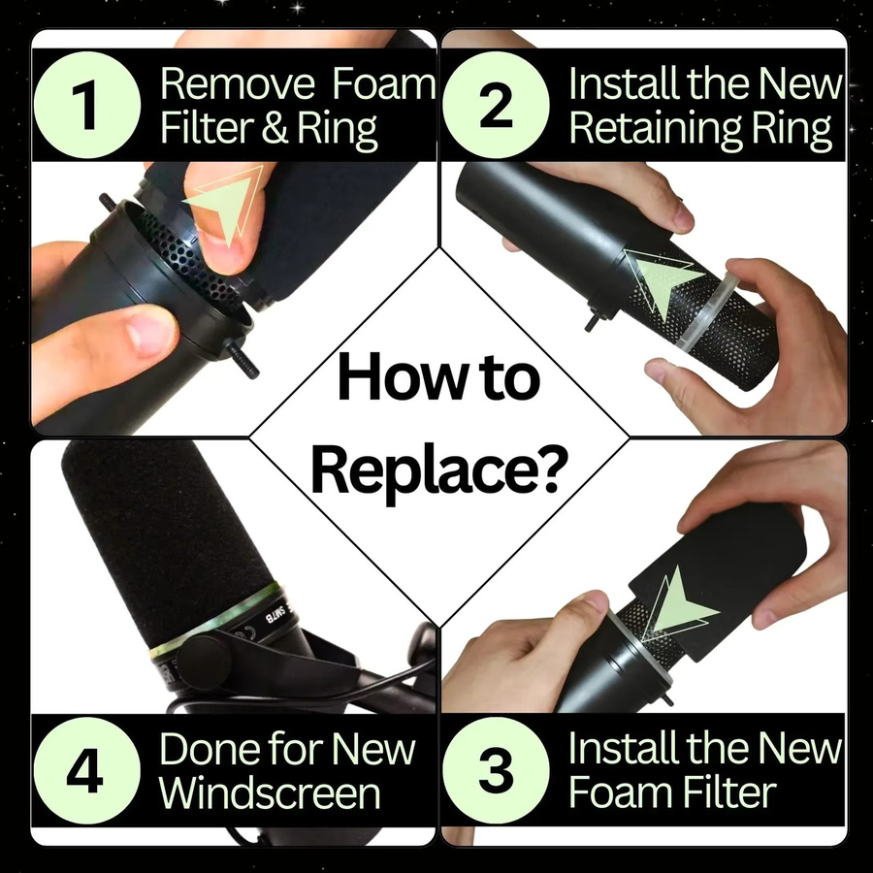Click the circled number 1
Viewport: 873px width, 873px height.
click(x=87, y=105)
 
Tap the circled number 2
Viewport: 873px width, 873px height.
click(x=496, y=105)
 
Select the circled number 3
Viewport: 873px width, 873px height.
click(x=496, y=770)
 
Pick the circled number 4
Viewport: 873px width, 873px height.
click(x=87, y=770)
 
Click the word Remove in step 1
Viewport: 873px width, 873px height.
click(x=238, y=84)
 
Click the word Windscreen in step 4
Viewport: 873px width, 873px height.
click(x=270, y=792)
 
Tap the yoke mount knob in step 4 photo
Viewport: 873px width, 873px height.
click(x=205, y=661)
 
